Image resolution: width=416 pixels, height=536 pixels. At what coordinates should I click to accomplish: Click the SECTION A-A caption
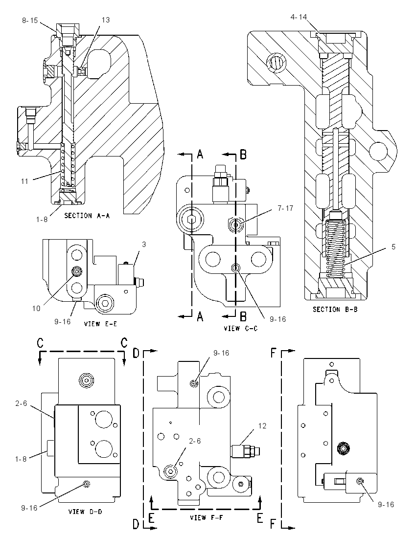pos(87,216)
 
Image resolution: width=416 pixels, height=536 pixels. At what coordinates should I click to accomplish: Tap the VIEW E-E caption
pos(100,323)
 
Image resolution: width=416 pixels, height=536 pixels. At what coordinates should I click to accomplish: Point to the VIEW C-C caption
pos(240,329)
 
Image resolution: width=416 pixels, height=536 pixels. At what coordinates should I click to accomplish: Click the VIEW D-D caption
pos(85,512)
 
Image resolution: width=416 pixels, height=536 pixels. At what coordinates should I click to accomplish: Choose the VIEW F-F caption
pos(207,517)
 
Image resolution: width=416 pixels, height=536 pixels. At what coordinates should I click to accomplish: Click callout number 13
pos(106,20)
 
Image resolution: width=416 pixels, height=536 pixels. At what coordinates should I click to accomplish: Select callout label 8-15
pos(30,21)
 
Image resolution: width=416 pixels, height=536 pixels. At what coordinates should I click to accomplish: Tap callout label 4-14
pos(299,17)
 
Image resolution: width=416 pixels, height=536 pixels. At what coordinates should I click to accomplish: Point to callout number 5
pos(393,247)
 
